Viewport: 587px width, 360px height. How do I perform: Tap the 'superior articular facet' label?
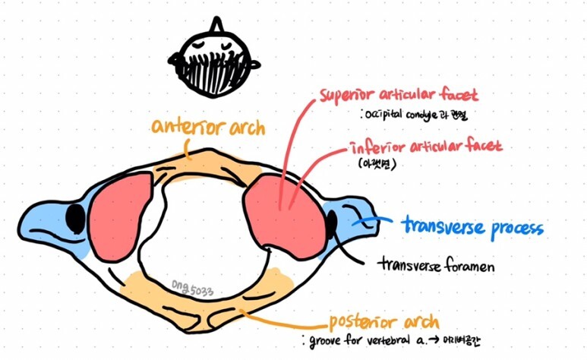pos(399,96)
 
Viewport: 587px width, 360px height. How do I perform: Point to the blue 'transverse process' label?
pos(472,226)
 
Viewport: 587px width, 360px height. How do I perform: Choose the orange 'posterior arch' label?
pos(383,320)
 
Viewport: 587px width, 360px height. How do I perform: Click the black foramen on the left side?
pos(75,219)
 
